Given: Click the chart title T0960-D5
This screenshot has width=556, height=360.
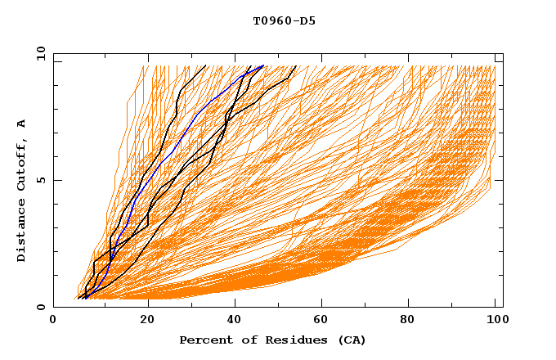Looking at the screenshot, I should pos(284,21).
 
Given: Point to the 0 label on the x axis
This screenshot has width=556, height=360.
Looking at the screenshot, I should pos(53,320).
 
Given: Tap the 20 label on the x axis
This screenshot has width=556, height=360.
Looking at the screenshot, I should pos(148,320).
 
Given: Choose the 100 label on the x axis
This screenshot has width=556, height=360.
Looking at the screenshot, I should pos(495,320).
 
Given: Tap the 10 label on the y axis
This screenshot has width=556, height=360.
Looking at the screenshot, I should pos(38,53).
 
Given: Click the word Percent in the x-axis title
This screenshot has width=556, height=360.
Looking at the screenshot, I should pos(204,340).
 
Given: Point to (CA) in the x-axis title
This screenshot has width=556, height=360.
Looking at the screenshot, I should pos(349,340).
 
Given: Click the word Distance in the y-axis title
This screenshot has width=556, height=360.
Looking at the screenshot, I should pos(22,231).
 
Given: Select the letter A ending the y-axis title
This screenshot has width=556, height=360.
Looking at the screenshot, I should pos(22,123).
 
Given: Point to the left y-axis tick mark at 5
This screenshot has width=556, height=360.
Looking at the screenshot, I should pos(56,180).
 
